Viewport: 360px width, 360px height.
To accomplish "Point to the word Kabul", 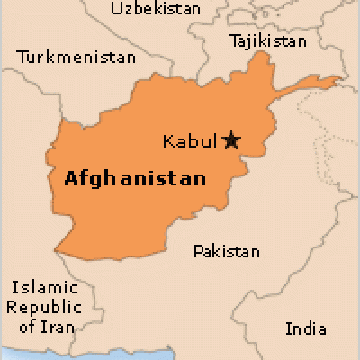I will [191, 140].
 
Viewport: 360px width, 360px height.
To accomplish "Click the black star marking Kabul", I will [231, 139].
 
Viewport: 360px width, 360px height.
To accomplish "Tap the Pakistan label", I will [227, 252].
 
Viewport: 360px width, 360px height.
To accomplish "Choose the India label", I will [306, 329].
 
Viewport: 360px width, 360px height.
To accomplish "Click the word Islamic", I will [37, 289].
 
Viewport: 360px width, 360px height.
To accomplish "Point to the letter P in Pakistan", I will [198, 252].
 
